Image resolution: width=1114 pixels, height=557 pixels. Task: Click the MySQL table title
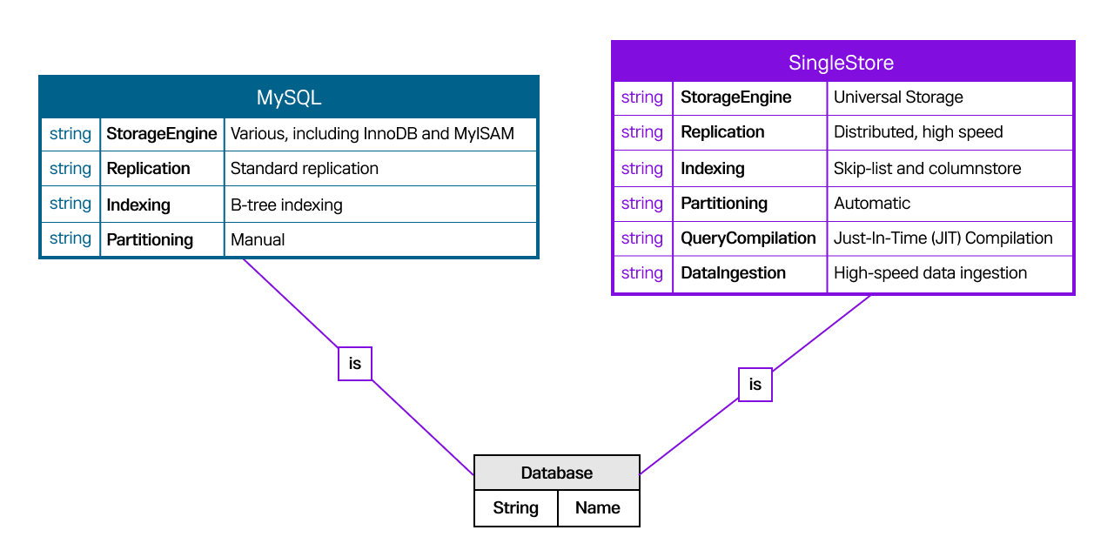click(289, 97)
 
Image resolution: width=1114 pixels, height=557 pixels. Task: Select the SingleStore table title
click(842, 63)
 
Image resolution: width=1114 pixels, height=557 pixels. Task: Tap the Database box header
click(557, 473)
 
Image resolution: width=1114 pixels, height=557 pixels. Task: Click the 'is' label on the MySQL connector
click(355, 364)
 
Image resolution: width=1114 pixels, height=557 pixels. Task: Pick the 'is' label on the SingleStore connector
click(755, 385)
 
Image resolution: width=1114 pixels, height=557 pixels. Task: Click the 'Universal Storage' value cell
click(898, 97)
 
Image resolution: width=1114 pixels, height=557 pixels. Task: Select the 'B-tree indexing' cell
click(286, 205)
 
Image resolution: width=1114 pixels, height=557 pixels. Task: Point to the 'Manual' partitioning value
click(258, 239)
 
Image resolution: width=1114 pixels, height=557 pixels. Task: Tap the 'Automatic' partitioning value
click(872, 204)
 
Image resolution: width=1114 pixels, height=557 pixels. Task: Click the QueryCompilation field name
click(748, 238)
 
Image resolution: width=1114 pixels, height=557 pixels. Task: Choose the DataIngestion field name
click(734, 273)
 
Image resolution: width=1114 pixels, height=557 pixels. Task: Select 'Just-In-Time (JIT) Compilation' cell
click(943, 238)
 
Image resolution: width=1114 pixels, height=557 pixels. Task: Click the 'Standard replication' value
click(305, 169)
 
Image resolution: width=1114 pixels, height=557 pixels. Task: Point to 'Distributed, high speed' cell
click(918, 132)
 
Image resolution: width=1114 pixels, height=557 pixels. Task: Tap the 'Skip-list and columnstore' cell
click(928, 169)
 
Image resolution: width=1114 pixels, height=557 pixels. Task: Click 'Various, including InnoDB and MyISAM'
click(372, 134)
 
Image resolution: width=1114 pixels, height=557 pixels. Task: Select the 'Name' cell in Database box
click(598, 508)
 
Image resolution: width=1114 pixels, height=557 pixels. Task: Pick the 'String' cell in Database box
click(516, 508)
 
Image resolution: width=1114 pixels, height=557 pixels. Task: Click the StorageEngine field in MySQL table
click(162, 134)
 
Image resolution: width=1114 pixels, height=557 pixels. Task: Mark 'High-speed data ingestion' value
click(930, 273)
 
